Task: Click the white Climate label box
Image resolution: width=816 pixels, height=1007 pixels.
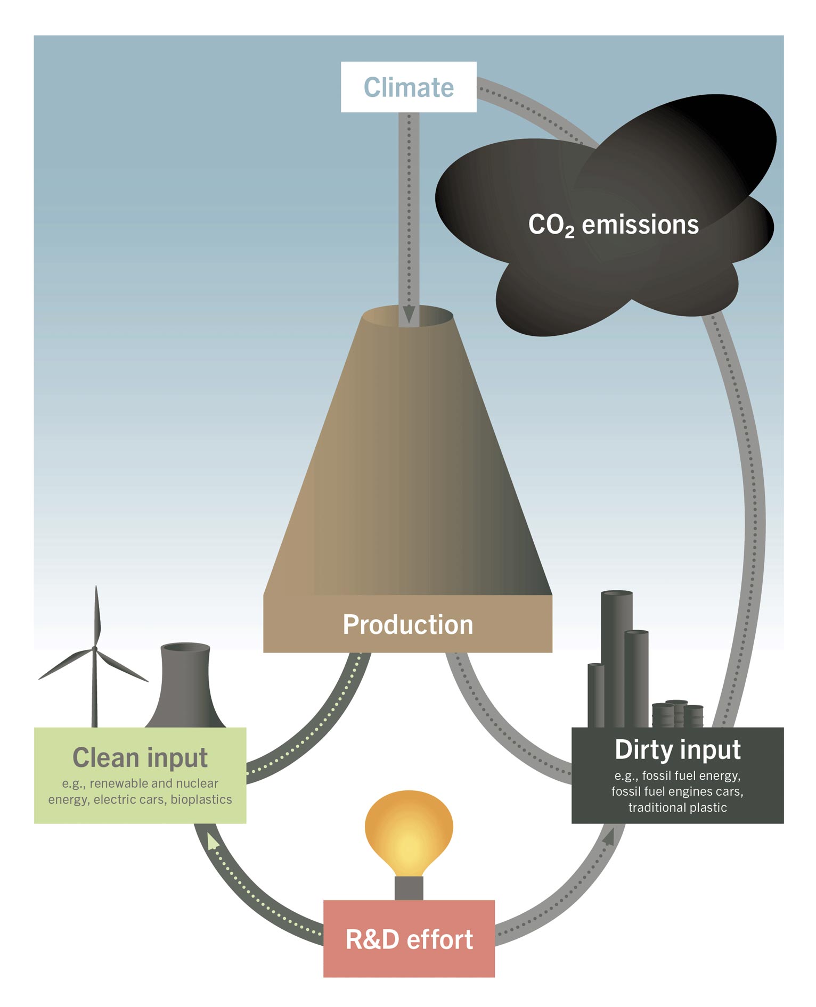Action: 409,87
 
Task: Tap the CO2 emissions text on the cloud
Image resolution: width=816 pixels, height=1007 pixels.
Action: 613,225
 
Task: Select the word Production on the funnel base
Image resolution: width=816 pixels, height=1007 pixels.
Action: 407,624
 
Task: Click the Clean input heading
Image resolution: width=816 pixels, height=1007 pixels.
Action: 140,757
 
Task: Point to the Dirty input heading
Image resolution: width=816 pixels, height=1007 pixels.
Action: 678,749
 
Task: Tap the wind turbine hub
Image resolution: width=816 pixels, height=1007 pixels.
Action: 95,649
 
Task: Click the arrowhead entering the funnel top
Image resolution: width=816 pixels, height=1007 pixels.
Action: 409,315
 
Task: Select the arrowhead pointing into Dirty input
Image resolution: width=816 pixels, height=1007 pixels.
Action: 608,837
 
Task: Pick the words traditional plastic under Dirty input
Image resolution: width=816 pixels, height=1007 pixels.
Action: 678,807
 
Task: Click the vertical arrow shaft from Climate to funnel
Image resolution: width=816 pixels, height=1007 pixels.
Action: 409,208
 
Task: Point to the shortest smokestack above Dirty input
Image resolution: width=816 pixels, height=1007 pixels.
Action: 595,695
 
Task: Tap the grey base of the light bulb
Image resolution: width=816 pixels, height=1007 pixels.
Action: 409,888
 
